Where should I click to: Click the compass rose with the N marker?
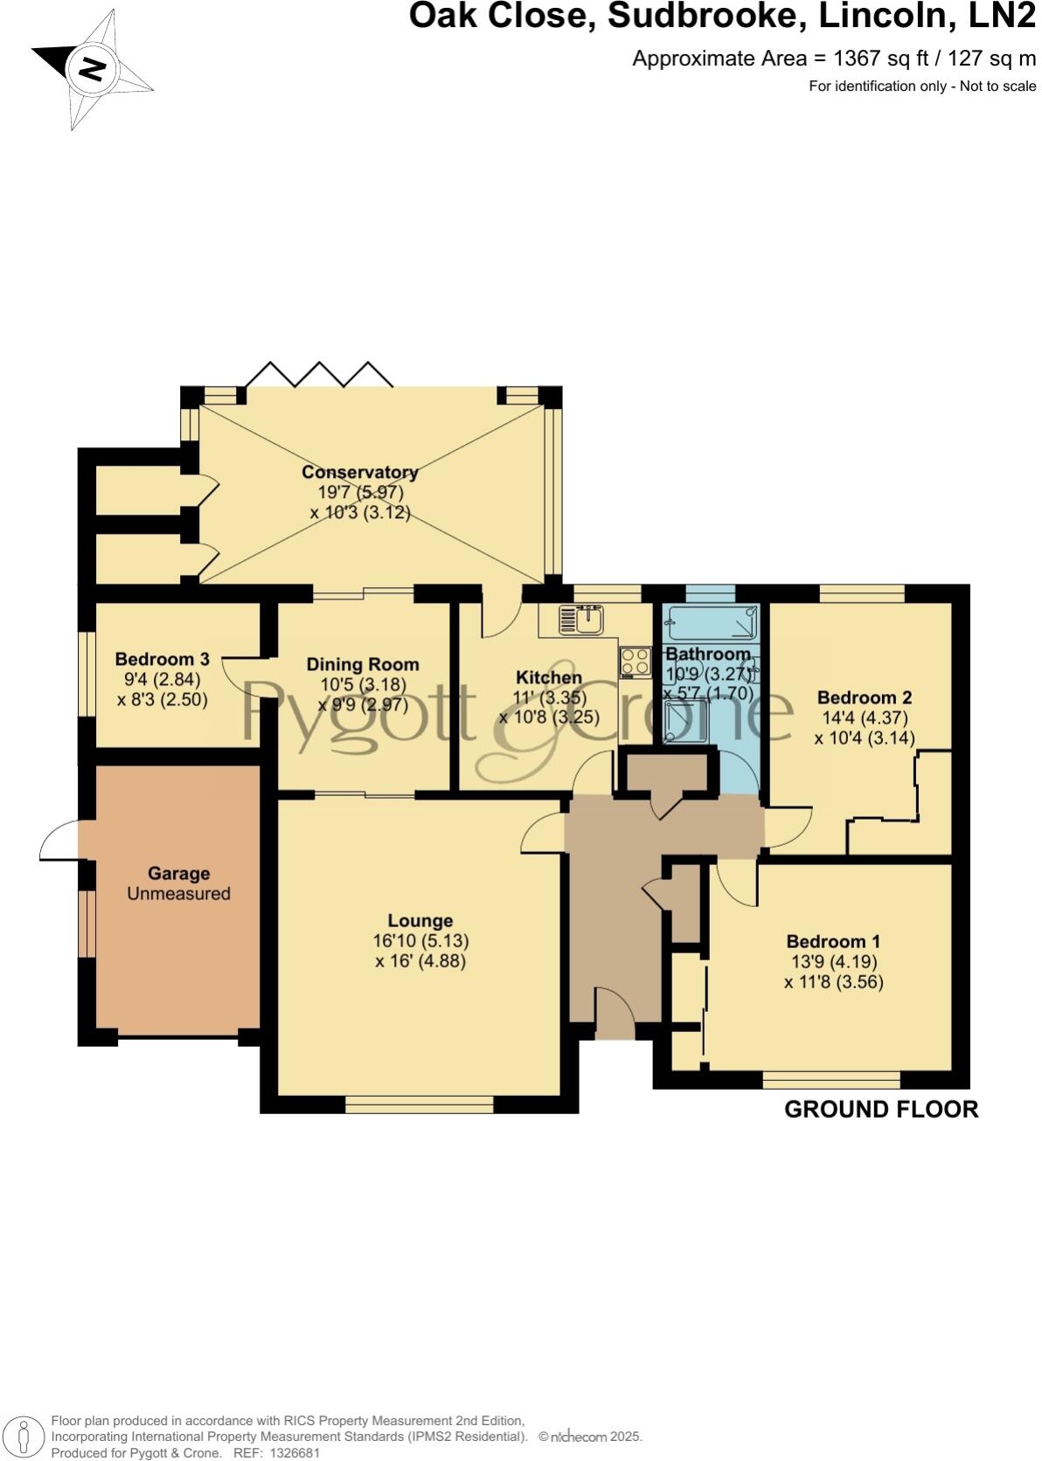[x=92, y=69]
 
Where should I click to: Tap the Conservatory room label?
[x=359, y=473]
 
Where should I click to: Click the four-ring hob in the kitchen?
[x=636, y=661]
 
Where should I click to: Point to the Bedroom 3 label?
[x=162, y=659]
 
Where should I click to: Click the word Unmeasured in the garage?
[x=178, y=893]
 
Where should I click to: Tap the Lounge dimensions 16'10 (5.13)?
[x=420, y=941]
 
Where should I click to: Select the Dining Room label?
[x=362, y=664]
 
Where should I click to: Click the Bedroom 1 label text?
[x=832, y=941]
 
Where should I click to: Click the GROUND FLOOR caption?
[x=880, y=1109]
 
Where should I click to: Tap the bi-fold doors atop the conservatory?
[x=318, y=375]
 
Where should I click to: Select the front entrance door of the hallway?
[x=615, y=1014]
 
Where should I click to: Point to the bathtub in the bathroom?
[x=710, y=624]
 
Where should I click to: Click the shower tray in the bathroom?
[x=685, y=724]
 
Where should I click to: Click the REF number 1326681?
[x=297, y=1452]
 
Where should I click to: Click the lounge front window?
[x=420, y=1104]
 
